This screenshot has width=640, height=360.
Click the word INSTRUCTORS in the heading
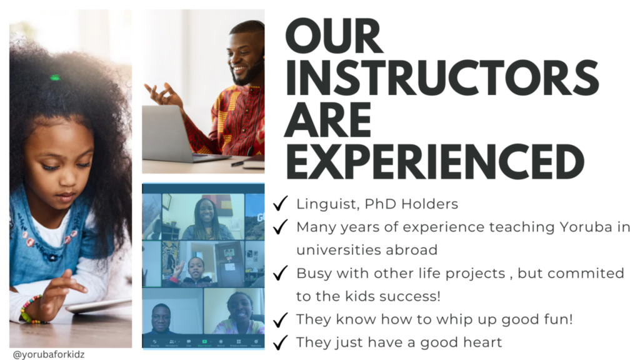point(442,78)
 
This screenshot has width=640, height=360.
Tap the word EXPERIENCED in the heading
point(435,161)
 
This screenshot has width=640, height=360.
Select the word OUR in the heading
point(334,36)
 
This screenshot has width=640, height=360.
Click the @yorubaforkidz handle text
point(49,354)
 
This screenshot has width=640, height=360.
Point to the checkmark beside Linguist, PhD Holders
point(281,203)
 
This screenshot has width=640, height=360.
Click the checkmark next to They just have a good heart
point(281,342)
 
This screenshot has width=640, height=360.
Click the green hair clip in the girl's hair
point(55,77)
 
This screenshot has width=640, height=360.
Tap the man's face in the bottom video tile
point(161,317)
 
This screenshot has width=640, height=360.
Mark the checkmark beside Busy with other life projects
point(281,272)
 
